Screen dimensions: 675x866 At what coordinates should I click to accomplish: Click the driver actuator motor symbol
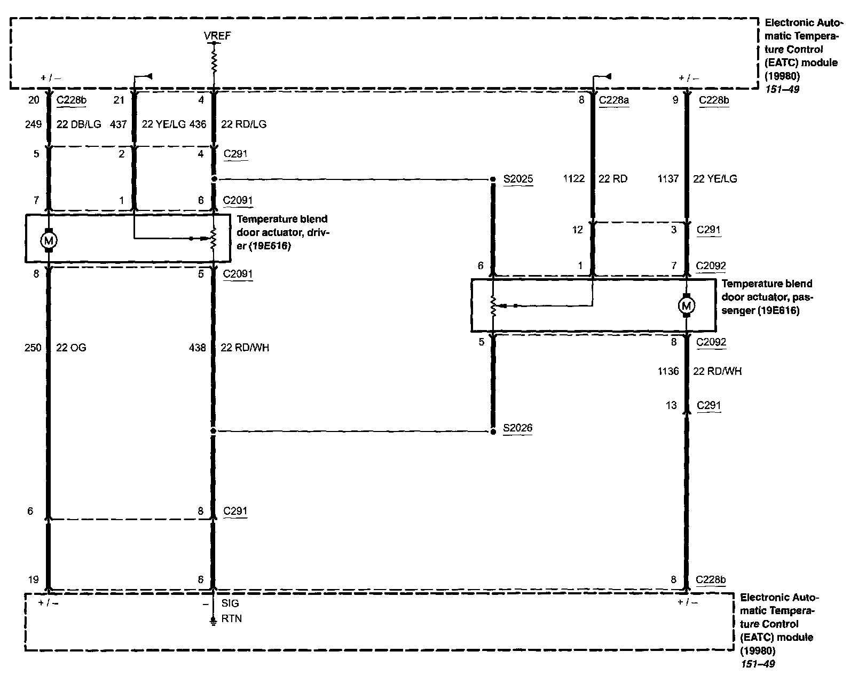coord(49,240)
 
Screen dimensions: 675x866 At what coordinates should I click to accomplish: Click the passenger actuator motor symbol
coord(686,305)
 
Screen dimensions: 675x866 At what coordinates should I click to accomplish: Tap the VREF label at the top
coord(217,36)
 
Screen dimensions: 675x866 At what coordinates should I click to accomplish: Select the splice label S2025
coord(518,179)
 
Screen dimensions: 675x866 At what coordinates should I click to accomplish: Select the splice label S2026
coord(517,428)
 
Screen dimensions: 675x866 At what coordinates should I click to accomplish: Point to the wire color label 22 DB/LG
coord(78,124)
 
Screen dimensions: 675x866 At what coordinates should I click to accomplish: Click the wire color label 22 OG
coord(71,348)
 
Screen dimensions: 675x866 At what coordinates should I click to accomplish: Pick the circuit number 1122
coord(574,179)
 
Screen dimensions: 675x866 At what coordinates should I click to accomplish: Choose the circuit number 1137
coord(668,179)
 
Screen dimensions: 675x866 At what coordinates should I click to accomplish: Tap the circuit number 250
coord(33,348)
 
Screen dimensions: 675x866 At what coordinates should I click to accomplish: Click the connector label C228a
coord(614,100)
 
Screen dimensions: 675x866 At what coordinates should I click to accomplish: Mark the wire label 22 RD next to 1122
coord(612,179)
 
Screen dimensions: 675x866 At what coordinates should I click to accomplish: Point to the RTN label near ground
coord(231,619)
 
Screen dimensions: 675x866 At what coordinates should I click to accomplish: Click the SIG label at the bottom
coord(230,603)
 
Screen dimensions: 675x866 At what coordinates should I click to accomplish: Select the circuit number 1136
coord(668,371)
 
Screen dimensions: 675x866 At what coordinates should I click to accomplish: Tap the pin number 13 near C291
coord(671,405)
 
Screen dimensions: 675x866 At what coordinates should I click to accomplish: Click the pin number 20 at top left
coord(35,100)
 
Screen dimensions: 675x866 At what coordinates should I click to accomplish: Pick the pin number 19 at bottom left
coord(34,579)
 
